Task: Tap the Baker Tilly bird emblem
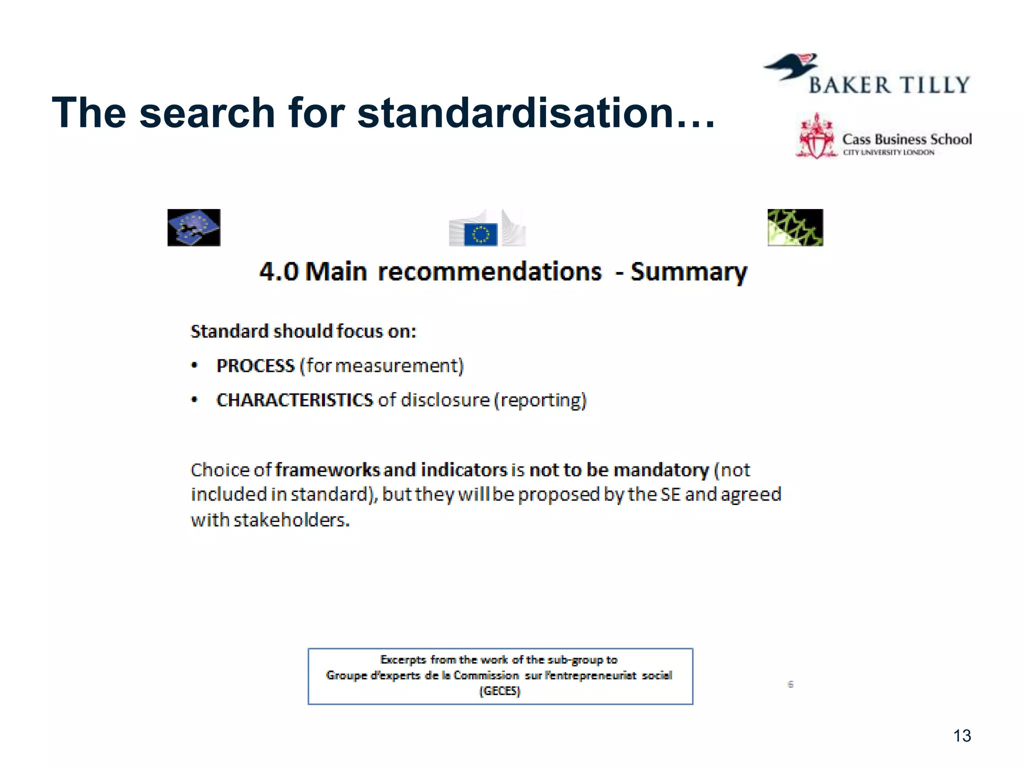click(791, 66)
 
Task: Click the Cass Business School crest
click(816, 136)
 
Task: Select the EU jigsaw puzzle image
click(194, 227)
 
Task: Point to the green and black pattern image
click(795, 227)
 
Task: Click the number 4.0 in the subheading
click(279, 272)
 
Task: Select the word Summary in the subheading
click(688, 272)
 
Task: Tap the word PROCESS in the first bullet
click(255, 366)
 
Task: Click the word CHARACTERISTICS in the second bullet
click(294, 400)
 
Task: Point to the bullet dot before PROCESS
click(195, 365)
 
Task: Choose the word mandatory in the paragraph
click(661, 470)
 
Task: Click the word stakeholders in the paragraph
click(291, 520)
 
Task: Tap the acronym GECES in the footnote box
click(500, 691)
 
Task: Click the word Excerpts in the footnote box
click(403, 660)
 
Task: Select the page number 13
click(962, 735)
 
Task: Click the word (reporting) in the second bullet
click(540, 400)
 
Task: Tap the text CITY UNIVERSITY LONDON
click(888, 152)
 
